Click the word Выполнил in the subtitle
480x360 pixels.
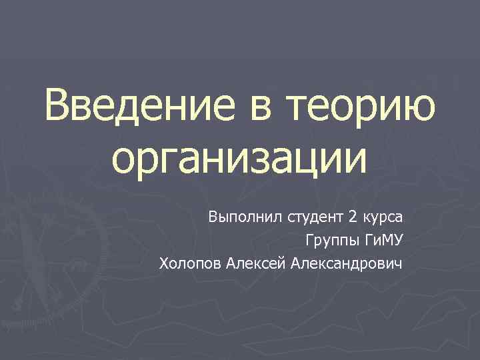(245, 217)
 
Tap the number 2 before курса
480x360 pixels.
(351, 217)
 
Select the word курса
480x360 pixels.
(385, 219)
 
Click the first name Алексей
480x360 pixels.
(259, 264)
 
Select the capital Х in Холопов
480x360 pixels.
(164, 264)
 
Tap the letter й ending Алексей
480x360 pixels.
(285, 263)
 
